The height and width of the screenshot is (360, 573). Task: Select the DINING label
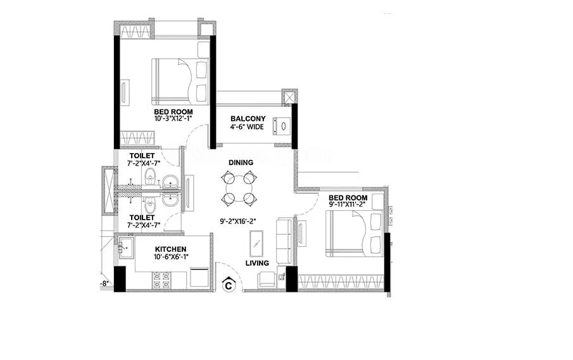click(241, 163)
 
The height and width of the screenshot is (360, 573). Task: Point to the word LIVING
click(257, 263)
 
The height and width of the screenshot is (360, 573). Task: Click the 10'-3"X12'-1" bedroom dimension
click(173, 118)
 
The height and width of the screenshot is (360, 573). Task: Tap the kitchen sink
click(125, 247)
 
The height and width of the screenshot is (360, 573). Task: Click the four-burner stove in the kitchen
click(161, 280)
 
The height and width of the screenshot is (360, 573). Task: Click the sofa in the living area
click(284, 240)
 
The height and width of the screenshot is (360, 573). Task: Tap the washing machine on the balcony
click(281, 126)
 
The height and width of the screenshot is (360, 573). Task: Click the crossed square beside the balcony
click(289, 97)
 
